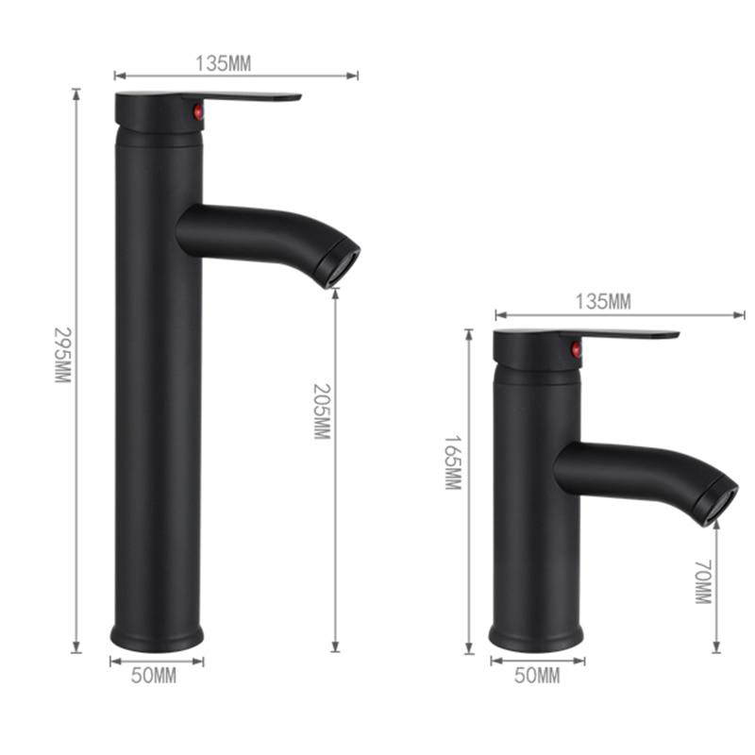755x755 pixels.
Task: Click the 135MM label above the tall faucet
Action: tap(223, 63)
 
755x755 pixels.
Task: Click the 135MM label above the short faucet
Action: tap(602, 301)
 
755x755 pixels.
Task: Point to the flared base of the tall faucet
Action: tap(157, 636)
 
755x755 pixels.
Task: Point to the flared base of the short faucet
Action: tap(537, 637)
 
